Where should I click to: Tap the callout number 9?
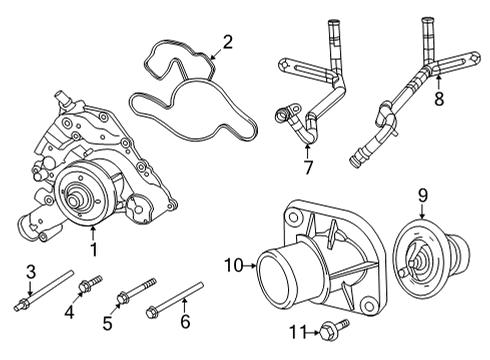point(422,196)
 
